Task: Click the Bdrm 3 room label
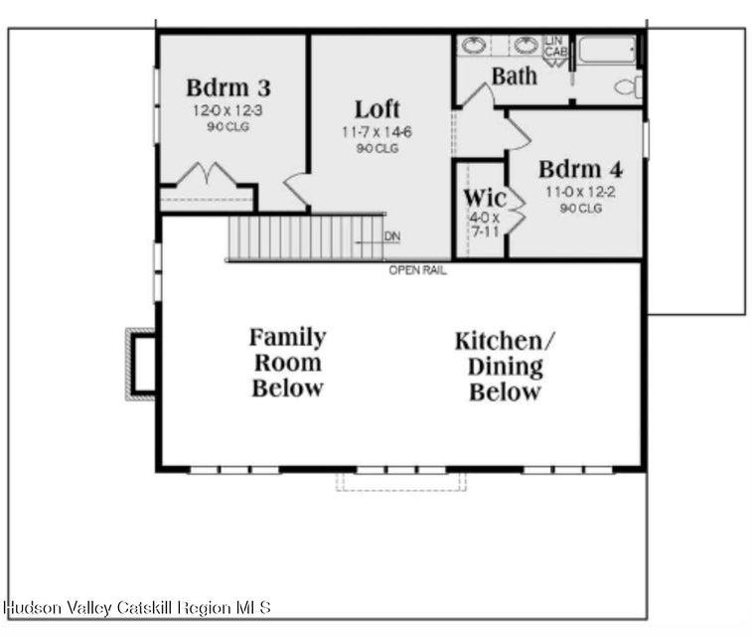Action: (x=228, y=87)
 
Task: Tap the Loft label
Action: (x=376, y=109)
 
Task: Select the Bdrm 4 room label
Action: (x=580, y=169)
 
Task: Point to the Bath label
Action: (x=515, y=77)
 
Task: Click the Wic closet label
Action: (x=485, y=198)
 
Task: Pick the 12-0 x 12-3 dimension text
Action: (x=227, y=110)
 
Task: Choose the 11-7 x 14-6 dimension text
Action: (x=376, y=132)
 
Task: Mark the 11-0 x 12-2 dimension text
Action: (x=580, y=193)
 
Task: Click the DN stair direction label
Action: (x=392, y=236)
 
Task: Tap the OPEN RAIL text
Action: (x=418, y=270)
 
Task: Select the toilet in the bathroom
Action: (x=629, y=86)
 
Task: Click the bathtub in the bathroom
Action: (x=608, y=50)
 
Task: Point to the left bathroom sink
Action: (x=474, y=46)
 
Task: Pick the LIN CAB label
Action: (x=556, y=46)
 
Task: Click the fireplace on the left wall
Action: (x=140, y=365)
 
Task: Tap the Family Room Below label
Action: (x=288, y=363)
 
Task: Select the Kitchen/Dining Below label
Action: (x=505, y=367)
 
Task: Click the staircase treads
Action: (x=306, y=238)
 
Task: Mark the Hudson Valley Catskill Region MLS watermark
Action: (x=137, y=608)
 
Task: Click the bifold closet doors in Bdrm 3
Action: (x=207, y=174)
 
